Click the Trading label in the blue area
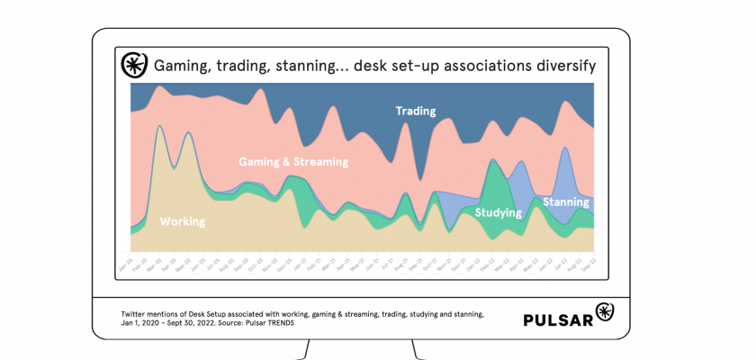tap(415, 112)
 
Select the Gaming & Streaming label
tap(292, 163)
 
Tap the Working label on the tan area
tap(182, 221)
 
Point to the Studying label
tap(499, 213)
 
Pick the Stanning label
tap(565, 202)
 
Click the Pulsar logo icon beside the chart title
tap(134, 66)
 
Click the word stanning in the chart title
tap(306, 66)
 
